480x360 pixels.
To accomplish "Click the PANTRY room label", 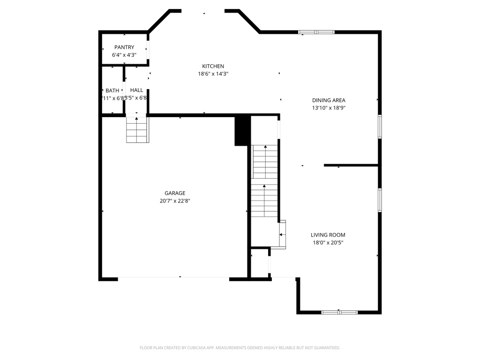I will [124, 47].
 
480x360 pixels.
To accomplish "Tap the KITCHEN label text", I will [213, 66].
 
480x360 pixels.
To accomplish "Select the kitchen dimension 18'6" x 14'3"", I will [213, 74].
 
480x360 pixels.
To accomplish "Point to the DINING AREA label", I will [329, 100].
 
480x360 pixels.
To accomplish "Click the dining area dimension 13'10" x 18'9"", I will [329, 108].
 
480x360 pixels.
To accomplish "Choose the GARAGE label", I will [175, 193].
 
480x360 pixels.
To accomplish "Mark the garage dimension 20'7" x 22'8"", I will [175, 201].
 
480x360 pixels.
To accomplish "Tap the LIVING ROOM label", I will [328, 235].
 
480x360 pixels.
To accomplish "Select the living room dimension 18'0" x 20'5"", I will [328, 243].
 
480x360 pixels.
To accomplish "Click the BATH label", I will [112, 90].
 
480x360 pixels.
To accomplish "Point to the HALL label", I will [137, 90].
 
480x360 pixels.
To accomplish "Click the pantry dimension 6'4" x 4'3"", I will [124, 55].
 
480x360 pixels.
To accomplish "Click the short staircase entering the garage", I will [137, 130].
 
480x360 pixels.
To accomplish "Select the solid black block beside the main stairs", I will [241, 131].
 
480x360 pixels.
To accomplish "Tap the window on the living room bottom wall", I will [340, 312].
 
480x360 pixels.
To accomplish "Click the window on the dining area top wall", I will [316, 32].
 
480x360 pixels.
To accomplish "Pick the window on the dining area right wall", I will [380, 127].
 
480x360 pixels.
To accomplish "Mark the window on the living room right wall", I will [380, 200].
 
